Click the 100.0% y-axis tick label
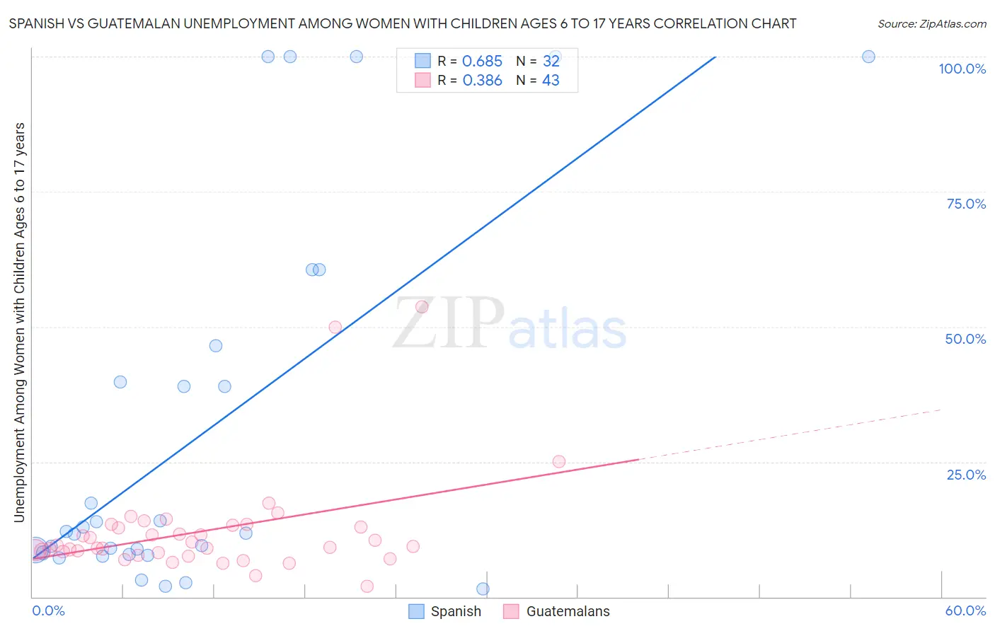coord(962,69)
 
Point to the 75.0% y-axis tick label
coord(966,204)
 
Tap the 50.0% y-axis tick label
coord(965,339)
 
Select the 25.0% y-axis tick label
coord(966,475)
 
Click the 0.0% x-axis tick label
coord(48,610)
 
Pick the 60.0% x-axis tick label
coord(965,610)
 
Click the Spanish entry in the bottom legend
coord(455,611)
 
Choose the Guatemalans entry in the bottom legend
coord(568,611)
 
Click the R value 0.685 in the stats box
coord(482,62)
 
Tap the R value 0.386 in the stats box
coord(482,81)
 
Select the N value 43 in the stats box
coord(551,81)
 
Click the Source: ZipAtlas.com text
coord(931,24)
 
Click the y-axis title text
coord(19,323)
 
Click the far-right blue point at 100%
coord(868,57)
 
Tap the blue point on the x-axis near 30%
coord(483,589)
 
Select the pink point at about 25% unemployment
coord(558,461)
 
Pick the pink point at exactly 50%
coord(335,327)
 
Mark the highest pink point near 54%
coord(422,306)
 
